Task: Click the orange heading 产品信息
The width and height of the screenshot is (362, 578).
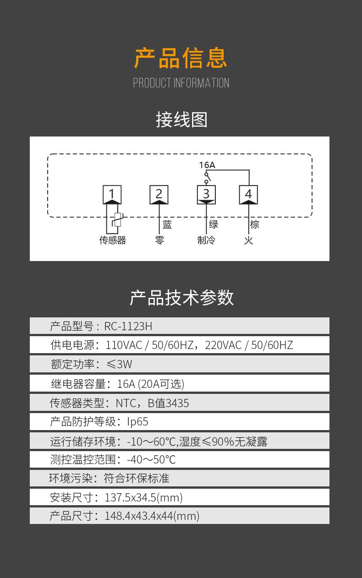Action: [x=181, y=58]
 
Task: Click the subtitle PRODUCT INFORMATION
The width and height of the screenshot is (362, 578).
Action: [x=181, y=83]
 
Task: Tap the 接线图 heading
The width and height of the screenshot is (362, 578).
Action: [x=181, y=120]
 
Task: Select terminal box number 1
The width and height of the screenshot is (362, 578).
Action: [x=112, y=194]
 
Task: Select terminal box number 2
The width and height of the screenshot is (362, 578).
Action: [x=159, y=194]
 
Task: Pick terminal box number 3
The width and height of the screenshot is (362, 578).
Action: [x=206, y=194]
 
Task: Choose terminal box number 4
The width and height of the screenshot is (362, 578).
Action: [x=248, y=194]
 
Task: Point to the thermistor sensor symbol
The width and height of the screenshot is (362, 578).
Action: [x=118, y=219]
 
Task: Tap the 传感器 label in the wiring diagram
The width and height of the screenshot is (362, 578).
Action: [x=113, y=240]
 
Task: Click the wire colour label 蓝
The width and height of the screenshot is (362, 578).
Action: [x=167, y=225]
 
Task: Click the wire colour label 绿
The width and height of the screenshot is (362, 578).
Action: [x=214, y=224]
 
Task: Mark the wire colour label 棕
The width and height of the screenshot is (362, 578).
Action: [x=255, y=224]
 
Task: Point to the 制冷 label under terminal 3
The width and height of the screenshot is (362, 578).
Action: [x=206, y=240]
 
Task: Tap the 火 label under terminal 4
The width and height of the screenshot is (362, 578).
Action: [x=248, y=240]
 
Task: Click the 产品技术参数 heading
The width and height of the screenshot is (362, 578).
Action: [x=181, y=298]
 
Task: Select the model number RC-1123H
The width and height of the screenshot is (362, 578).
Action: [x=128, y=326]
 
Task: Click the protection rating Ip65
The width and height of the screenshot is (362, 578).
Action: [x=138, y=421]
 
